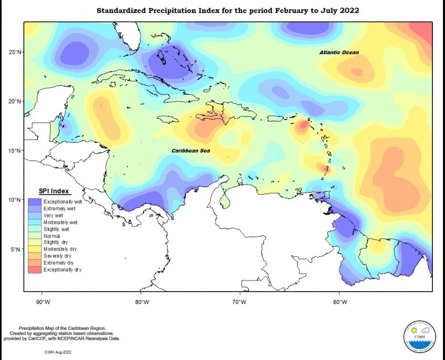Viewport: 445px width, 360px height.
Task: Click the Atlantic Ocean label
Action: tap(339, 53)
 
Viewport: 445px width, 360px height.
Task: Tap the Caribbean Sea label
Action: tap(191, 151)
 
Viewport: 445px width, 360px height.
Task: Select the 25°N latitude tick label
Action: tap(14, 52)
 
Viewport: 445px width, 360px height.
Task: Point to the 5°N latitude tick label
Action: tap(16, 249)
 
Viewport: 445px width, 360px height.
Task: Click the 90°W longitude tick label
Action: tap(43, 302)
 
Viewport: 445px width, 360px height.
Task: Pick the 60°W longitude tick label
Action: tap(340, 302)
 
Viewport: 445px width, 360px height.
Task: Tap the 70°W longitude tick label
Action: tap(240, 302)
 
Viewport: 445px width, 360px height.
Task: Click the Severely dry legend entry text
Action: tap(57, 256)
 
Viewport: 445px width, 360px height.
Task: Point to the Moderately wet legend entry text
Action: tap(61, 222)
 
